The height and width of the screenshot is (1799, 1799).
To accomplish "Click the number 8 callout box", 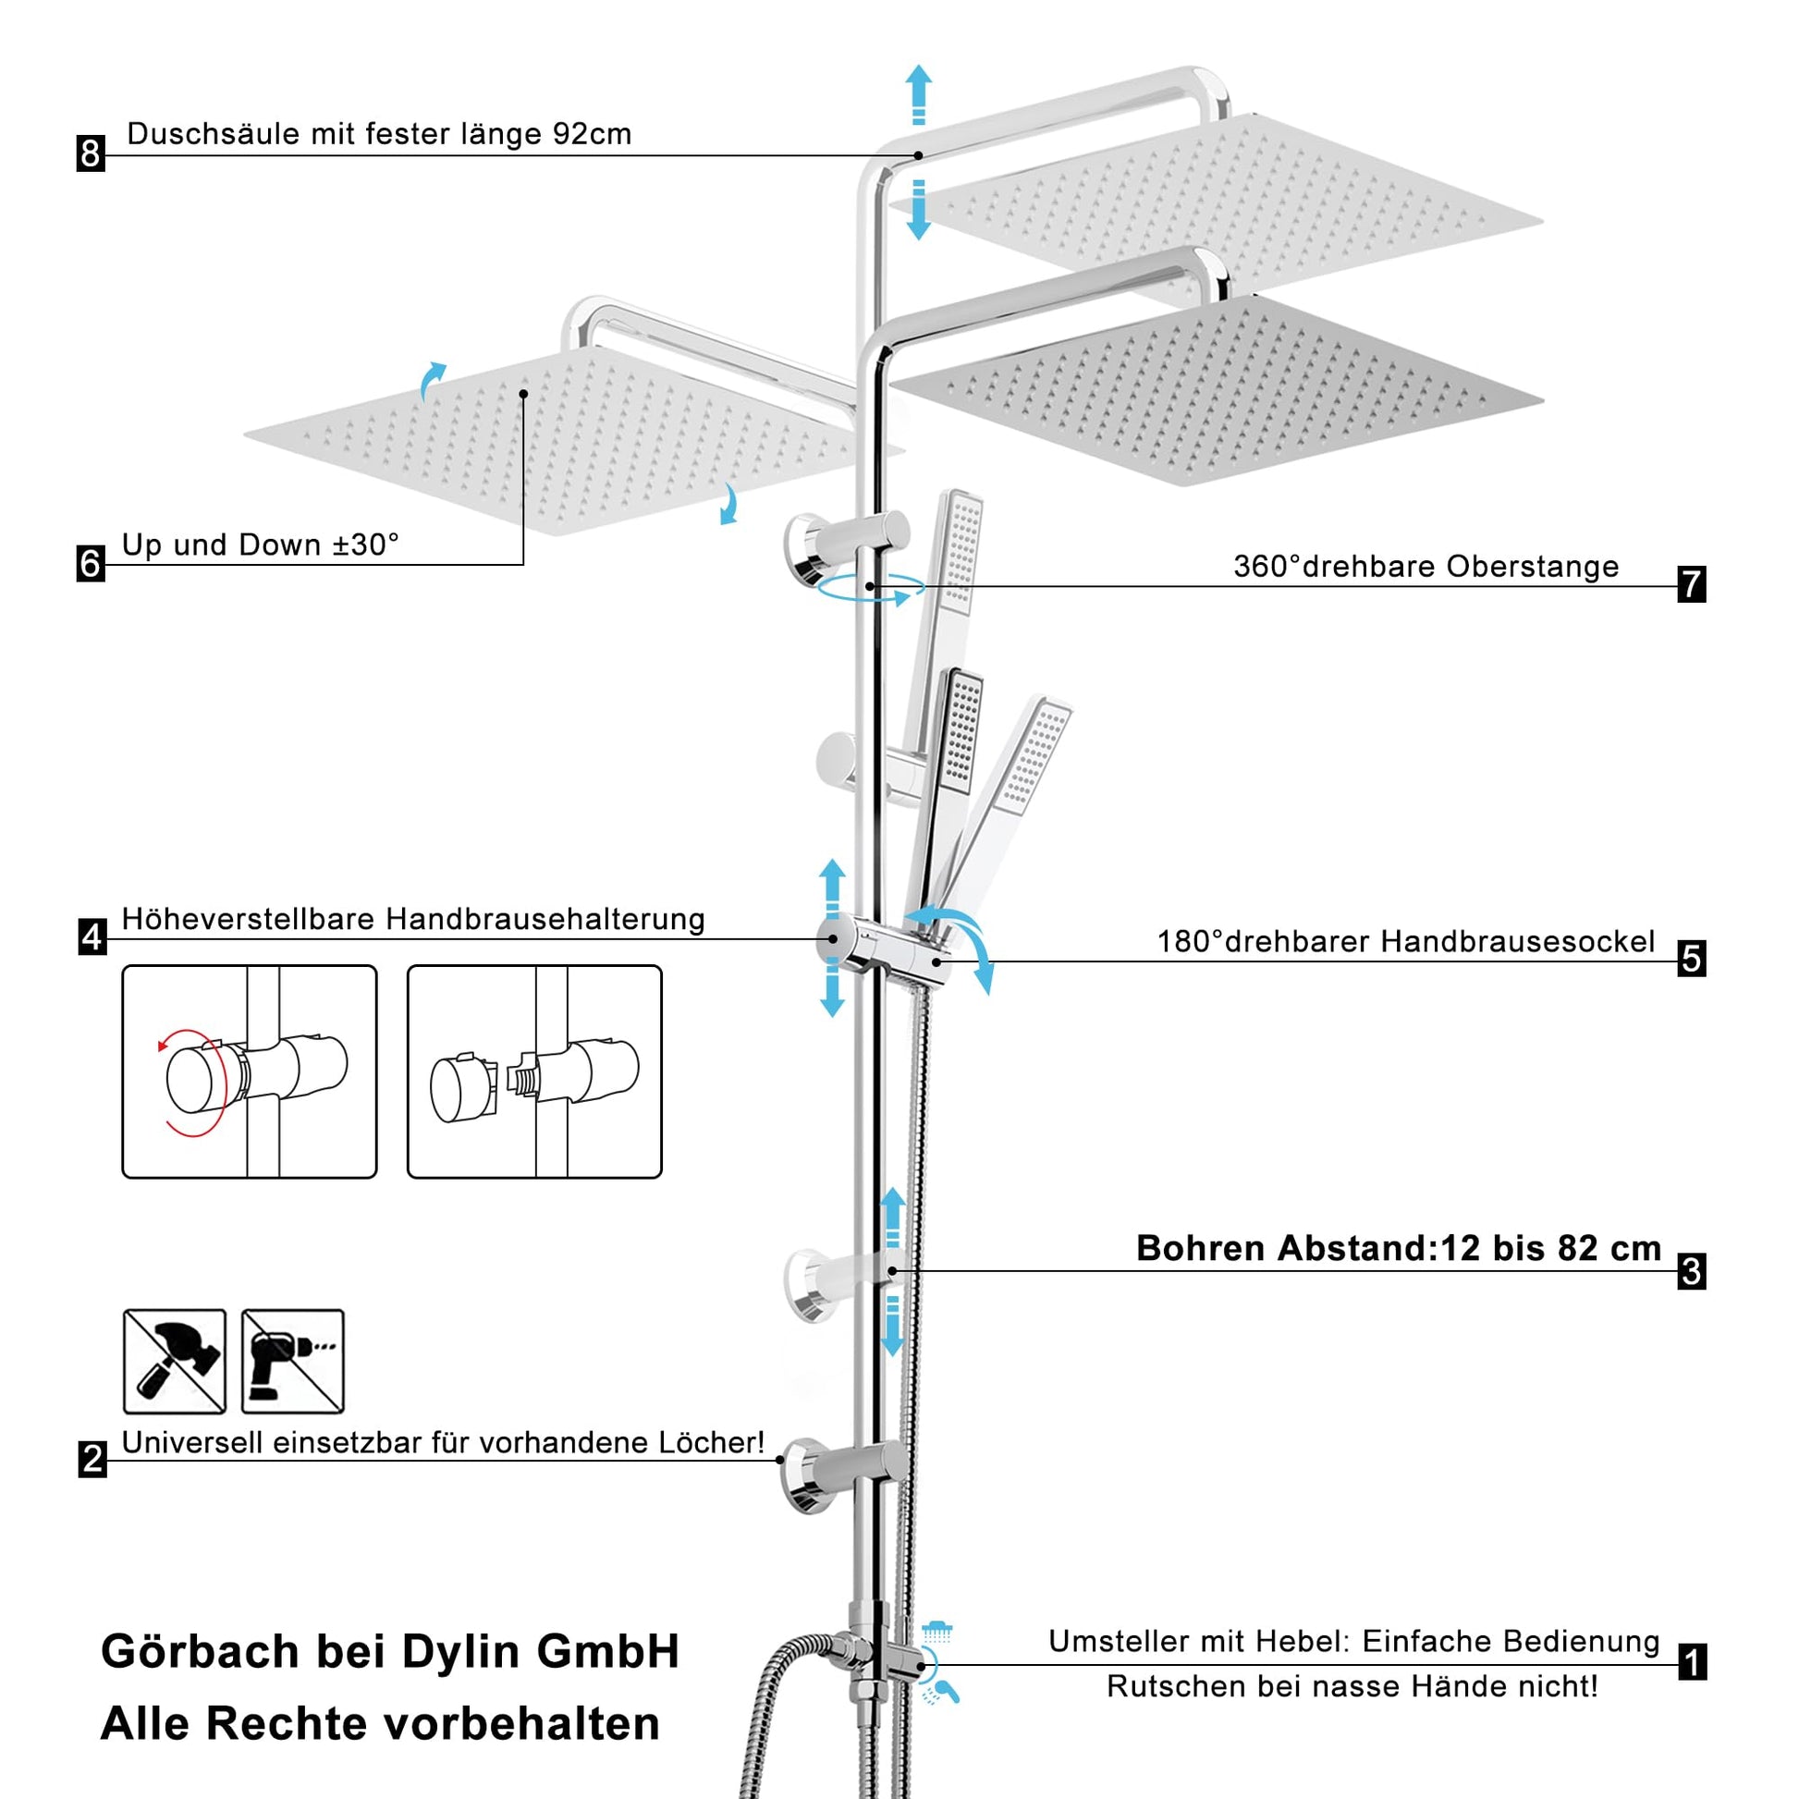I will click(x=91, y=153).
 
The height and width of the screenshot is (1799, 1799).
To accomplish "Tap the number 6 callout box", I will click(x=91, y=563).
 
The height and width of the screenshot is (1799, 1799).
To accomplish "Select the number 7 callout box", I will click(x=1691, y=584).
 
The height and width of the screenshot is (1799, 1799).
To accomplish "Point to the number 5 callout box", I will click(x=1691, y=958).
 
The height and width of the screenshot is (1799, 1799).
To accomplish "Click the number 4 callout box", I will click(x=92, y=936).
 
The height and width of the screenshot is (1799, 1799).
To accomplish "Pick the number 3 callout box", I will click(x=1691, y=1271).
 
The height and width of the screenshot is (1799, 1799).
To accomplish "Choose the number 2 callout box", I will click(x=92, y=1459).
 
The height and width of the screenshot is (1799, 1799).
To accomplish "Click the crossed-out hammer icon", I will click(x=175, y=1361).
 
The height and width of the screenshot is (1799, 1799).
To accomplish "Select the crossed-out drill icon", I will click(x=292, y=1361).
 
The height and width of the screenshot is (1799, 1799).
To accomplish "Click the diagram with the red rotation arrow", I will click(x=250, y=1071).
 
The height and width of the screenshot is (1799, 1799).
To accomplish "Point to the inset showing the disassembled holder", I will click(x=534, y=1071).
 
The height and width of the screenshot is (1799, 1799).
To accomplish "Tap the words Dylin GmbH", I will click(x=541, y=1652).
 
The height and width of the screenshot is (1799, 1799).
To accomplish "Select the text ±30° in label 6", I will click(x=366, y=545).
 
